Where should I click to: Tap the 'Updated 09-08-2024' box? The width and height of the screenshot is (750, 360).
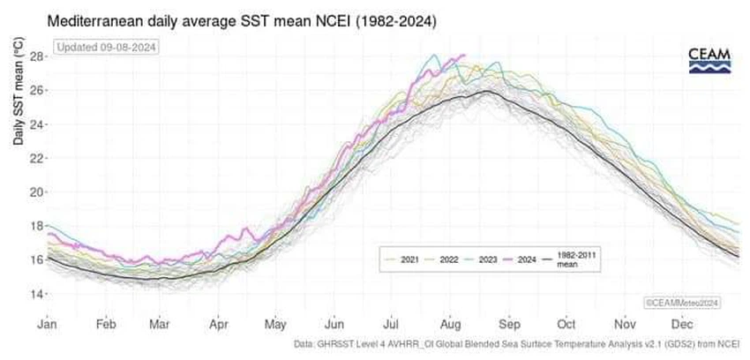click(x=106, y=47)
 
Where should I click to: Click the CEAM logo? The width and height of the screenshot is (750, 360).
click(x=709, y=61)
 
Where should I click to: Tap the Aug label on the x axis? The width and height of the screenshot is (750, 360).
click(x=448, y=325)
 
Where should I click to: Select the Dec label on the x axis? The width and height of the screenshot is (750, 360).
click(x=680, y=325)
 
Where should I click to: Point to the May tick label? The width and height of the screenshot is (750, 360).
click(x=275, y=325)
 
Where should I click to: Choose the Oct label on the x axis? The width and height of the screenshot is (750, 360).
click(x=565, y=325)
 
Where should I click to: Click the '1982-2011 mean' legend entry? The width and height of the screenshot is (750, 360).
click(x=574, y=259)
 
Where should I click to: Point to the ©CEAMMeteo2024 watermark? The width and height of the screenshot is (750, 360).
click(x=681, y=303)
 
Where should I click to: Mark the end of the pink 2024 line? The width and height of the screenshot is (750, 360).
click(x=464, y=56)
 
